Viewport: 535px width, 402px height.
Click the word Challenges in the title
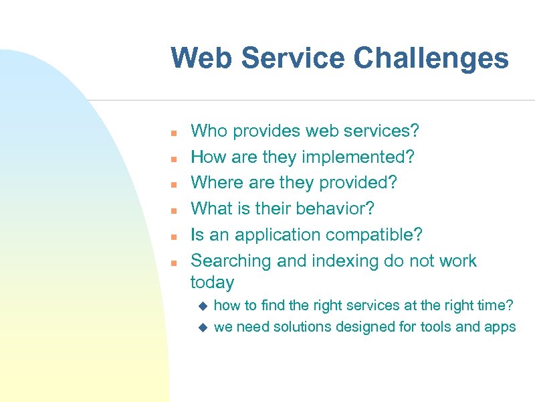431,58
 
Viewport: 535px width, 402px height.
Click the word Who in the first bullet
209,131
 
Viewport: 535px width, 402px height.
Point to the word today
212,283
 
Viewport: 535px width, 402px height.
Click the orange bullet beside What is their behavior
173,210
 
